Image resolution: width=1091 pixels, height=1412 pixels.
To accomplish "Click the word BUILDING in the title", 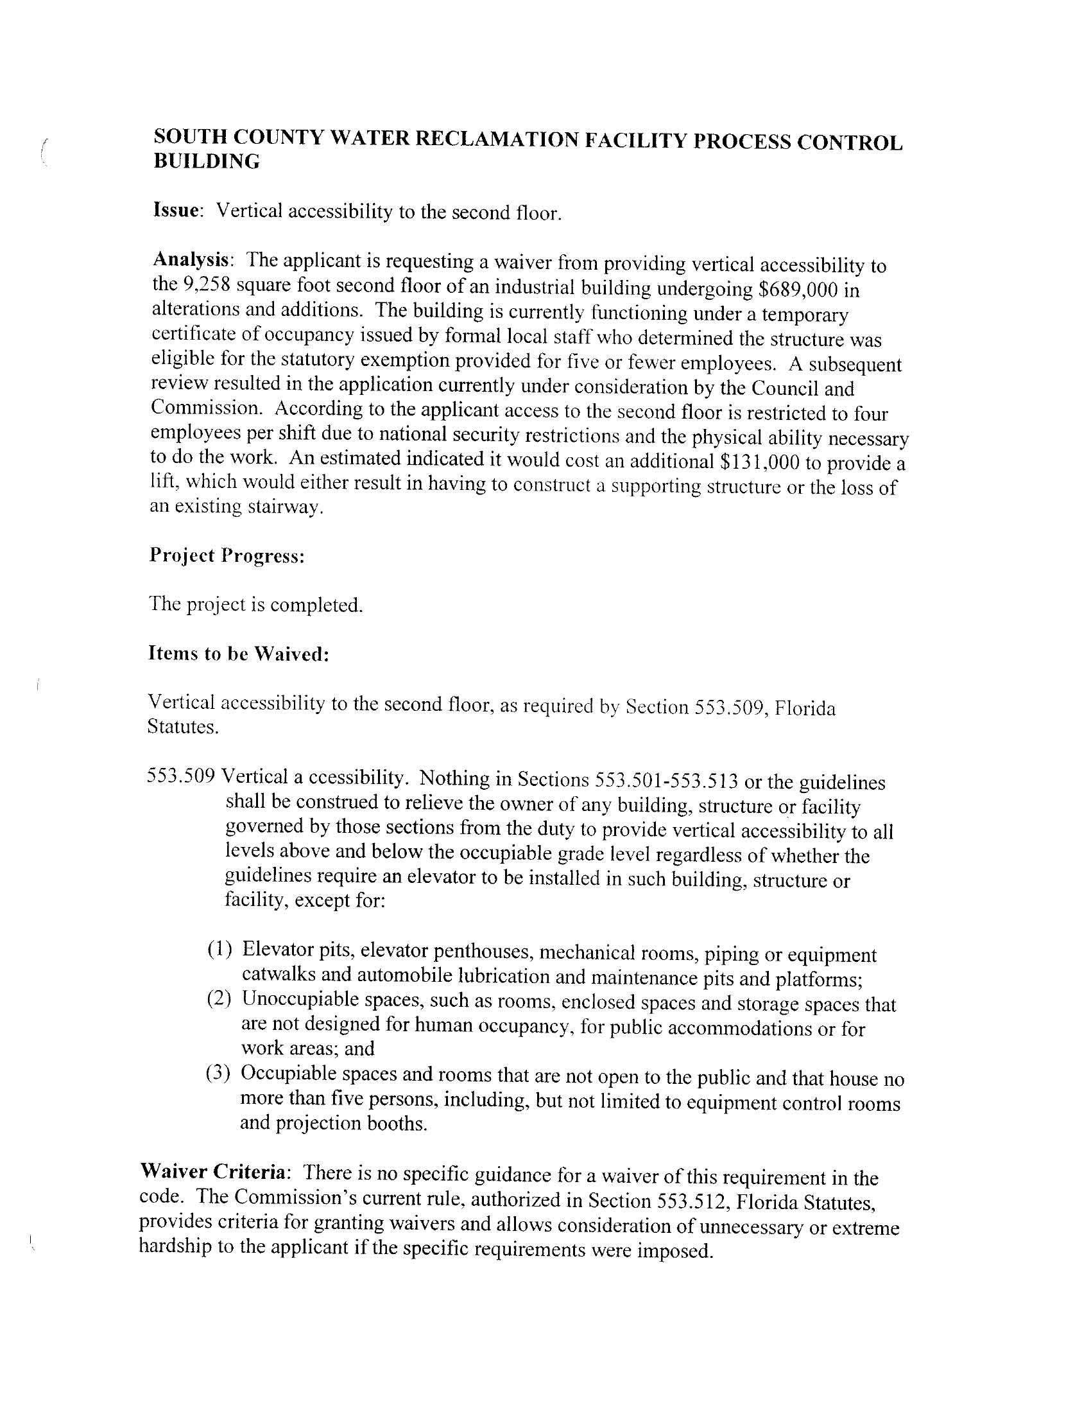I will (206, 162).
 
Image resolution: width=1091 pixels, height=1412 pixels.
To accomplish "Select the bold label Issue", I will (176, 209).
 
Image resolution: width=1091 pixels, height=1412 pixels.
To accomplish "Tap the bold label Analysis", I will (191, 259).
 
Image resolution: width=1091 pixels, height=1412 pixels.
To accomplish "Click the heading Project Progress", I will (226, 555).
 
